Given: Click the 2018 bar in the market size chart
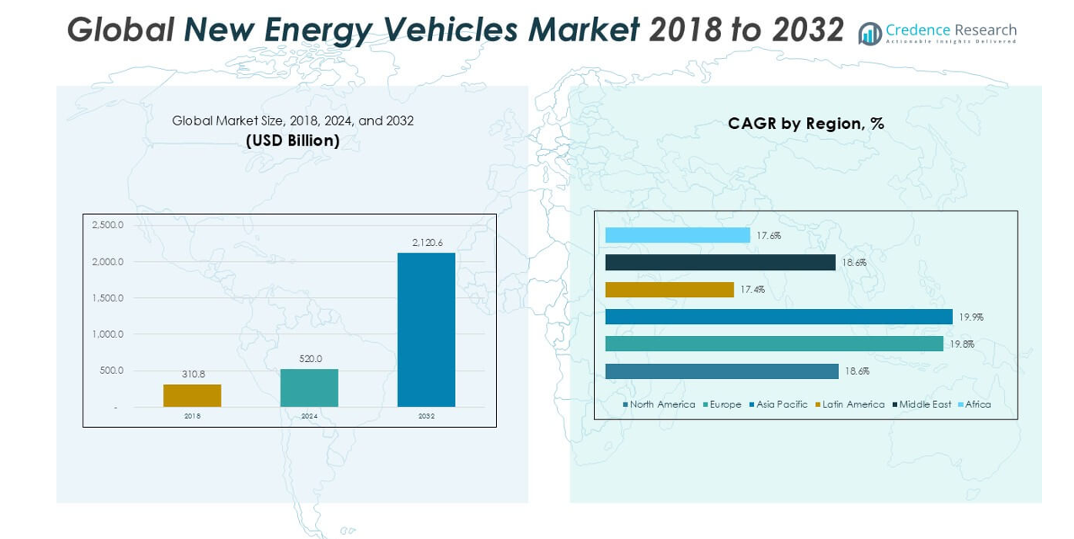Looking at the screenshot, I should point(192,396).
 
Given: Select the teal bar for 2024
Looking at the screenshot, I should point(309,388).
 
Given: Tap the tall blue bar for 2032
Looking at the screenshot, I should point(426,330).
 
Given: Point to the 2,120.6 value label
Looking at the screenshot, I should point(427,243).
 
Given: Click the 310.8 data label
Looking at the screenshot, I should point(194,374).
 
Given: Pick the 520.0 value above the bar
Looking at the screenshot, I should point(311,359).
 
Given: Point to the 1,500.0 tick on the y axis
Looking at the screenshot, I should point(108,298).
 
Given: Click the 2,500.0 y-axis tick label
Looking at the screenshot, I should point(108,226).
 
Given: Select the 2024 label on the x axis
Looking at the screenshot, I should point(309,417).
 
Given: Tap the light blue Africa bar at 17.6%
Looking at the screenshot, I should point(677,235).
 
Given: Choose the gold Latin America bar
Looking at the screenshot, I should point(670,290).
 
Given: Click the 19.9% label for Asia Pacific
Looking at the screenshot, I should point(970,318).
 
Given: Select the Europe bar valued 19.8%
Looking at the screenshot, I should point(774,344).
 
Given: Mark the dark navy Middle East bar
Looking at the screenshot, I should point(720,263).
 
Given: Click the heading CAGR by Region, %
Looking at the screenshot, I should point(805,124).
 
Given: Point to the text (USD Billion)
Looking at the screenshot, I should point(292,141).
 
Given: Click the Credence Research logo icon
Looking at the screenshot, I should point(870,34).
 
